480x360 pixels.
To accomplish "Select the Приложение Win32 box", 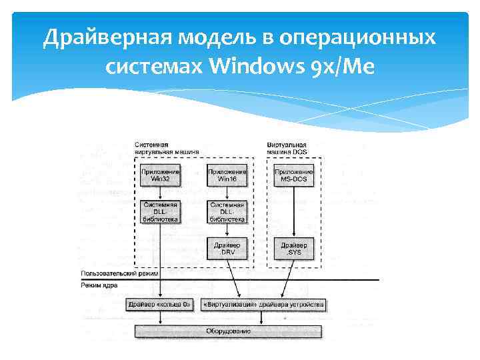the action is (160, 175).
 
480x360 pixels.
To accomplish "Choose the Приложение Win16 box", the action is (227, 175).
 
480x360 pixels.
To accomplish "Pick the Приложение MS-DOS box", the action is (294, 175).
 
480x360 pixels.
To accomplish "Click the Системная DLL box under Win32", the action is (160, 211).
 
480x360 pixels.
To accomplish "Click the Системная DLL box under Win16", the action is (227, 211).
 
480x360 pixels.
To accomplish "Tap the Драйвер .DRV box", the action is (227, 249).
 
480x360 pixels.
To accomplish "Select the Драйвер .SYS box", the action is (294, 249).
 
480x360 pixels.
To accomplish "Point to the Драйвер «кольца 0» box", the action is (160, 305).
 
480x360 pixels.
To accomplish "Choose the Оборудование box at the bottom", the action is (228, 331).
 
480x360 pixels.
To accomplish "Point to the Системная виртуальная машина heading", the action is (166, 148).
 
